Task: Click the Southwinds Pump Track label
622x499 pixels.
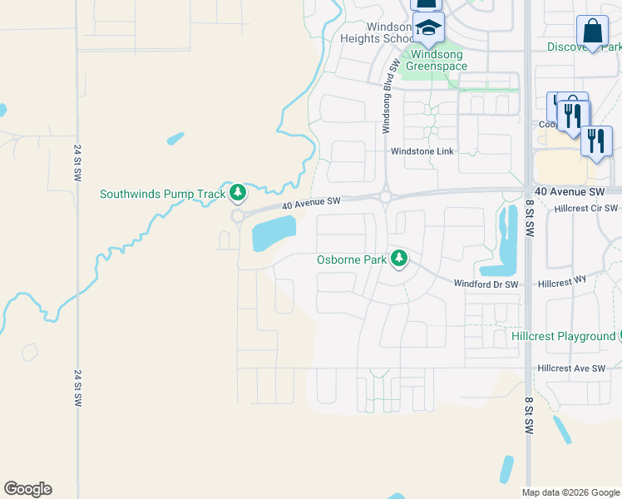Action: pos(163,195)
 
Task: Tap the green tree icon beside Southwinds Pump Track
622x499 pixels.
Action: pos(239,194)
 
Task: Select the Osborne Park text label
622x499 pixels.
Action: pos(352,259)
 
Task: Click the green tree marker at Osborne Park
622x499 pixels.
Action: pos(399,259)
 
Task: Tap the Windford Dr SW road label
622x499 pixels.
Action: pos(486,284)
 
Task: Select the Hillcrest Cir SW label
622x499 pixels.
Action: pos(586,209)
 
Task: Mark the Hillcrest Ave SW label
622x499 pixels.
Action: pos(571,368)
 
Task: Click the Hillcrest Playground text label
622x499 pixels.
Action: pos(562,336)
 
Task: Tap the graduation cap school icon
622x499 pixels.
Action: pos(428,29)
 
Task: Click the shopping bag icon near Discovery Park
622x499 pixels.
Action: pos(592,32)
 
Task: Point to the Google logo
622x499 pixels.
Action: pos(27,489)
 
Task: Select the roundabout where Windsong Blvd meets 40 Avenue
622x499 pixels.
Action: pos(386,198)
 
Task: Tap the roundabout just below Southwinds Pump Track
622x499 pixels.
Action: pos(237,216)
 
